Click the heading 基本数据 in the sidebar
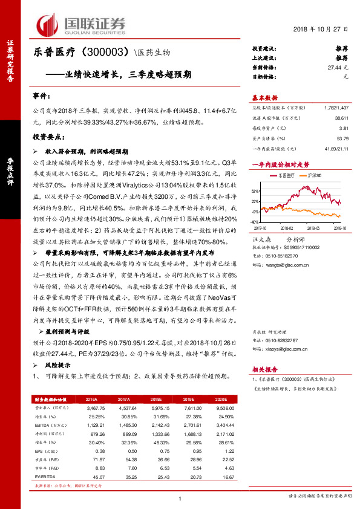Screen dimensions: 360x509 point(264,97)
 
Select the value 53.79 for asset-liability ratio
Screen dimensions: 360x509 point(343,138)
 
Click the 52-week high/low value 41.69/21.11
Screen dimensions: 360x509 point(335,149)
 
